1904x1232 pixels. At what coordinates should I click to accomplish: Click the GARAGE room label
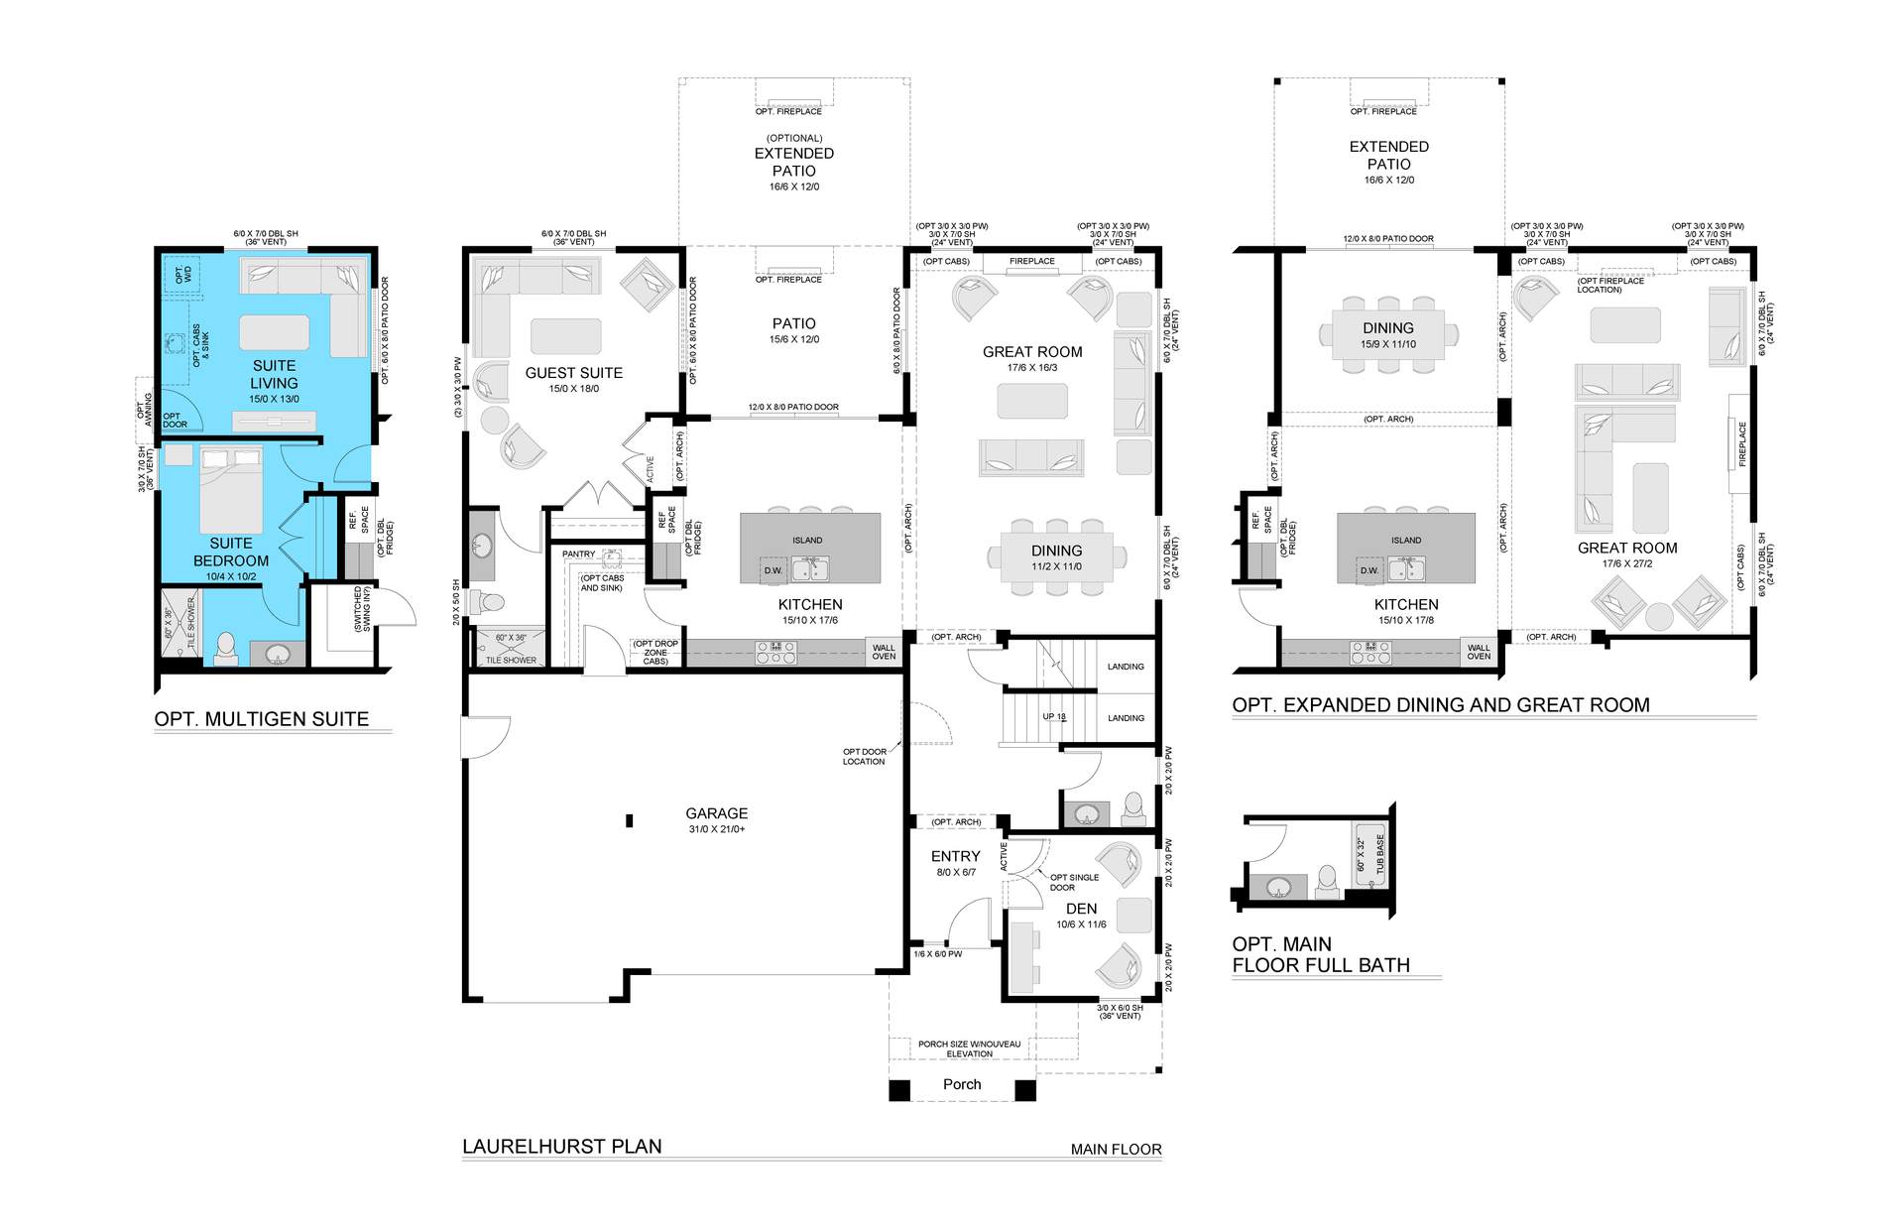point(717,813)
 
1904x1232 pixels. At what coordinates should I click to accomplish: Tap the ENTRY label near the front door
point(956,856)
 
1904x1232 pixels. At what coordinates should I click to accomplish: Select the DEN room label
point(1081,909)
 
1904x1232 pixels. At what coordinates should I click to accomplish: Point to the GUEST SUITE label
point(574,373)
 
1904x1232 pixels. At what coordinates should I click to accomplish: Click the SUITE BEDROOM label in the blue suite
point(231,552)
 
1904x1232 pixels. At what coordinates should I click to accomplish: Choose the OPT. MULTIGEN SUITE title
point(262,719)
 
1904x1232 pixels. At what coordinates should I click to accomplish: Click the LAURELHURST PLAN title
point(562,1146)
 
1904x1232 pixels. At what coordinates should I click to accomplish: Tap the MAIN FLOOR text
point(1116,1150)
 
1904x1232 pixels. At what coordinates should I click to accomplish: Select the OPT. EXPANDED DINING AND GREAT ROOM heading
point(1441,705)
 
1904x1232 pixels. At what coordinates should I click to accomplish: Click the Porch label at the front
point(962,1084)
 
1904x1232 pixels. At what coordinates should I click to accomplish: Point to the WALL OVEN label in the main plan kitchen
point(884,652)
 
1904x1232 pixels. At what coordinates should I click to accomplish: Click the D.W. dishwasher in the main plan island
point(773,570)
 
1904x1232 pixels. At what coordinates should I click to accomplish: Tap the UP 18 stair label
point(1054,717)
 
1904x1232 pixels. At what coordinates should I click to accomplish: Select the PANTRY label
point(579,554)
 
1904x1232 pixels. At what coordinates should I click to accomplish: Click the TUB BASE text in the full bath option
point(1380,854)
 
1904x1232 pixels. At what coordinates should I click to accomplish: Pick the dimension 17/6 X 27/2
point(1627,563)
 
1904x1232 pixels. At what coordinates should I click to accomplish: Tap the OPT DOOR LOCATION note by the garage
point(865,757)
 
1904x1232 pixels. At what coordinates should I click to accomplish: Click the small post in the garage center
point(629,820)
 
